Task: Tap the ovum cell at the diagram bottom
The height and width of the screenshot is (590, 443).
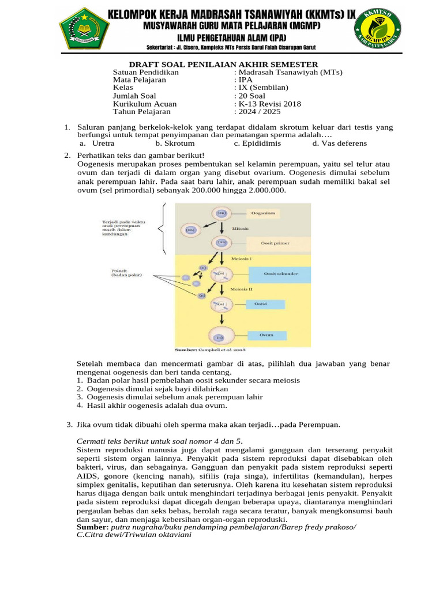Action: click(x=220, y=337)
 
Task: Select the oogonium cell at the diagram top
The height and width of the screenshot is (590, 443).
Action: click(x=221, y=213)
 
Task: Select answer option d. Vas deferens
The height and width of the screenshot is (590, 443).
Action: click(x=339, y=143)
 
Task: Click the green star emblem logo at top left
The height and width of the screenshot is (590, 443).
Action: click(x=84, y=29)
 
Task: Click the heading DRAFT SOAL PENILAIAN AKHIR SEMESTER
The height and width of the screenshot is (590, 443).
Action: click(x=223, y=64)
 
